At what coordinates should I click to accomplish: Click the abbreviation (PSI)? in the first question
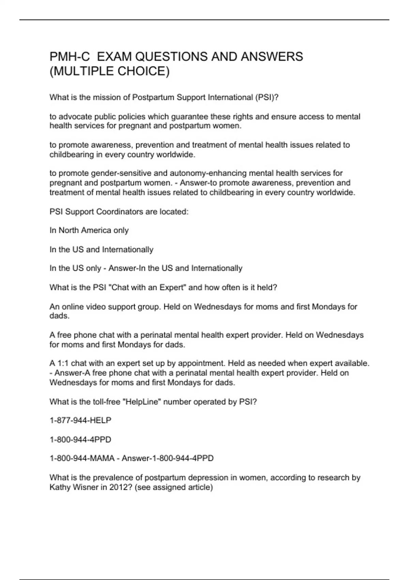click(267, 98)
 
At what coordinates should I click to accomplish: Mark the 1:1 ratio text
click(63, 363)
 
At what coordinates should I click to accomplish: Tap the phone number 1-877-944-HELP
click(80, 421)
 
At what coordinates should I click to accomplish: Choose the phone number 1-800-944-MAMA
click(82, 458)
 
